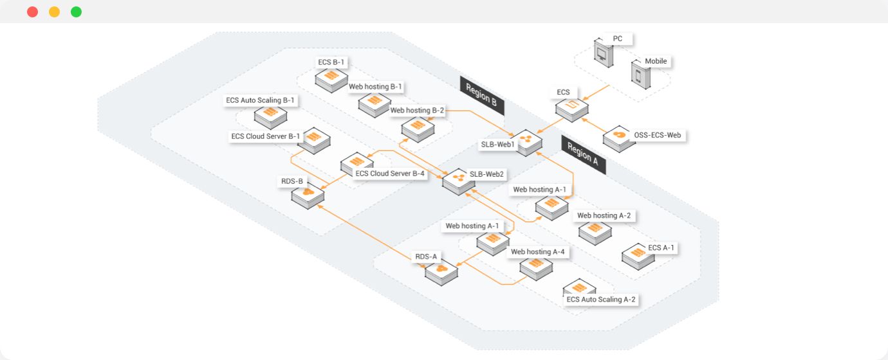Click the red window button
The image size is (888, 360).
(x=33, y=12)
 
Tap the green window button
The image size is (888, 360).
(x=76, y=12)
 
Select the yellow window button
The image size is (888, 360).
(x=54, y=12)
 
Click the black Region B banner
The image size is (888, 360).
(x=482, y=95)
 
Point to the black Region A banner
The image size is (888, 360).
(x=583, y=154)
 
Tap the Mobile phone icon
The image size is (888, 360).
(x=641, y=75)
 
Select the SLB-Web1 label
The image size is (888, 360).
(x=497, y=145)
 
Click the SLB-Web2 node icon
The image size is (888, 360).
(x=459, y=182)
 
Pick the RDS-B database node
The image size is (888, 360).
(x=308, y=195)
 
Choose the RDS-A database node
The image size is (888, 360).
(x=441, y=273)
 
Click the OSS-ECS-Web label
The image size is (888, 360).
(x=657, y=135)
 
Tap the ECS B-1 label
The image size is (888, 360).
(x=331, y=62)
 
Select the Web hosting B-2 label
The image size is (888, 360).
(x=417, y=110)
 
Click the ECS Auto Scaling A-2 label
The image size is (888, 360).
(x=600, y=300)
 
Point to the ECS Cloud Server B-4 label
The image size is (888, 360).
(x=390, y=174)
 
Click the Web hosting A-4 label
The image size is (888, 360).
(x=537, y=251)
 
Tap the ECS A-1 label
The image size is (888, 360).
(x=661, y=248)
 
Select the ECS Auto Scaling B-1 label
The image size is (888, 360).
(x=260, y=100)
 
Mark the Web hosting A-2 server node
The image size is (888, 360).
(x=595, y=233)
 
